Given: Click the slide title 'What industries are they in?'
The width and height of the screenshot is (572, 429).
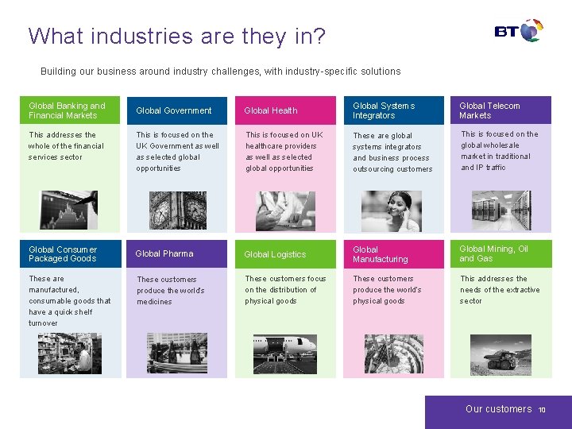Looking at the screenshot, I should pos(176,37).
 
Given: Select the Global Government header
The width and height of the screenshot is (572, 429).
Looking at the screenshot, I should pos(174,110).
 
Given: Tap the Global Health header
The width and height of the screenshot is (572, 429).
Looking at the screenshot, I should pos(271,110).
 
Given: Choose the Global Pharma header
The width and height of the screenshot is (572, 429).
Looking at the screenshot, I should pos(164,254).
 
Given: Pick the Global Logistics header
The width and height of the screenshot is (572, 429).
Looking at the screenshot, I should pos(275,254).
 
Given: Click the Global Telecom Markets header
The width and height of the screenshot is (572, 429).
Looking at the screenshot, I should pos(489,110).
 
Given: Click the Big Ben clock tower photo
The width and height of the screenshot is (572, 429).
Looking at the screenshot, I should pos(178,210).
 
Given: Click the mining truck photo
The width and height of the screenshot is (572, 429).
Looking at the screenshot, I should pos(500,354).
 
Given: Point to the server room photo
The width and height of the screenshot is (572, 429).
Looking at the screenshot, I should pos(500,211).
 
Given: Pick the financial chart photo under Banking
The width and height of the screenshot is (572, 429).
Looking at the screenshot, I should pos(69,210).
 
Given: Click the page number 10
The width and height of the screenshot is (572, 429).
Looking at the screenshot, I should pos(542,410).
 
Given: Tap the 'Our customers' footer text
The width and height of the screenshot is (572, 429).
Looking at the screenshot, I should pos(498,409).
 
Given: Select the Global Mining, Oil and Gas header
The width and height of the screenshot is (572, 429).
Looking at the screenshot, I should pos(493,254).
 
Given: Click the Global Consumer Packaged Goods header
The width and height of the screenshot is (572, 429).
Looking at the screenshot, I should pos(63,254).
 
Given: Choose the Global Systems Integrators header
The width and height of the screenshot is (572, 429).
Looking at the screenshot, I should pos(384,110).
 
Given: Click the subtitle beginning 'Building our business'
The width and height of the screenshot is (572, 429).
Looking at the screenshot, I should pos(220,71).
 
